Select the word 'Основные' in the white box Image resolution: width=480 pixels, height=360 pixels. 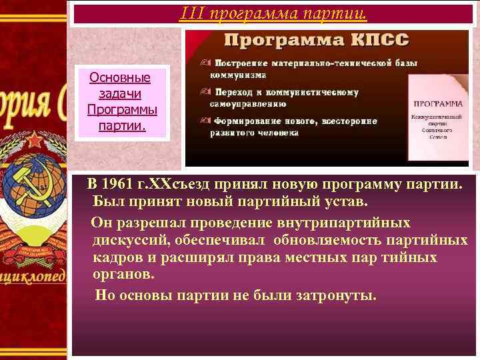click(x=120, y=78)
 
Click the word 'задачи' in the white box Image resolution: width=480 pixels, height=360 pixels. click(x=120, y=93)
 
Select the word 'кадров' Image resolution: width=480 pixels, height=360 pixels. click(x=117, y=258)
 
